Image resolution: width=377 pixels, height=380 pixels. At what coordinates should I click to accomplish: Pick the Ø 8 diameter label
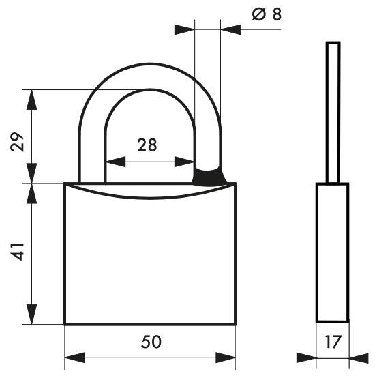click(267, 14)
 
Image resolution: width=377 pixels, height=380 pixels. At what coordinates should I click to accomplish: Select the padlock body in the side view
click(333, 252)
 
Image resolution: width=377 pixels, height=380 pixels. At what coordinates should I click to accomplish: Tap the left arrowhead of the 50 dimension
click(72, 357)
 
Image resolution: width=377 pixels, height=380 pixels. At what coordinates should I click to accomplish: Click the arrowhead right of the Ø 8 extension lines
click(230, 29)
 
